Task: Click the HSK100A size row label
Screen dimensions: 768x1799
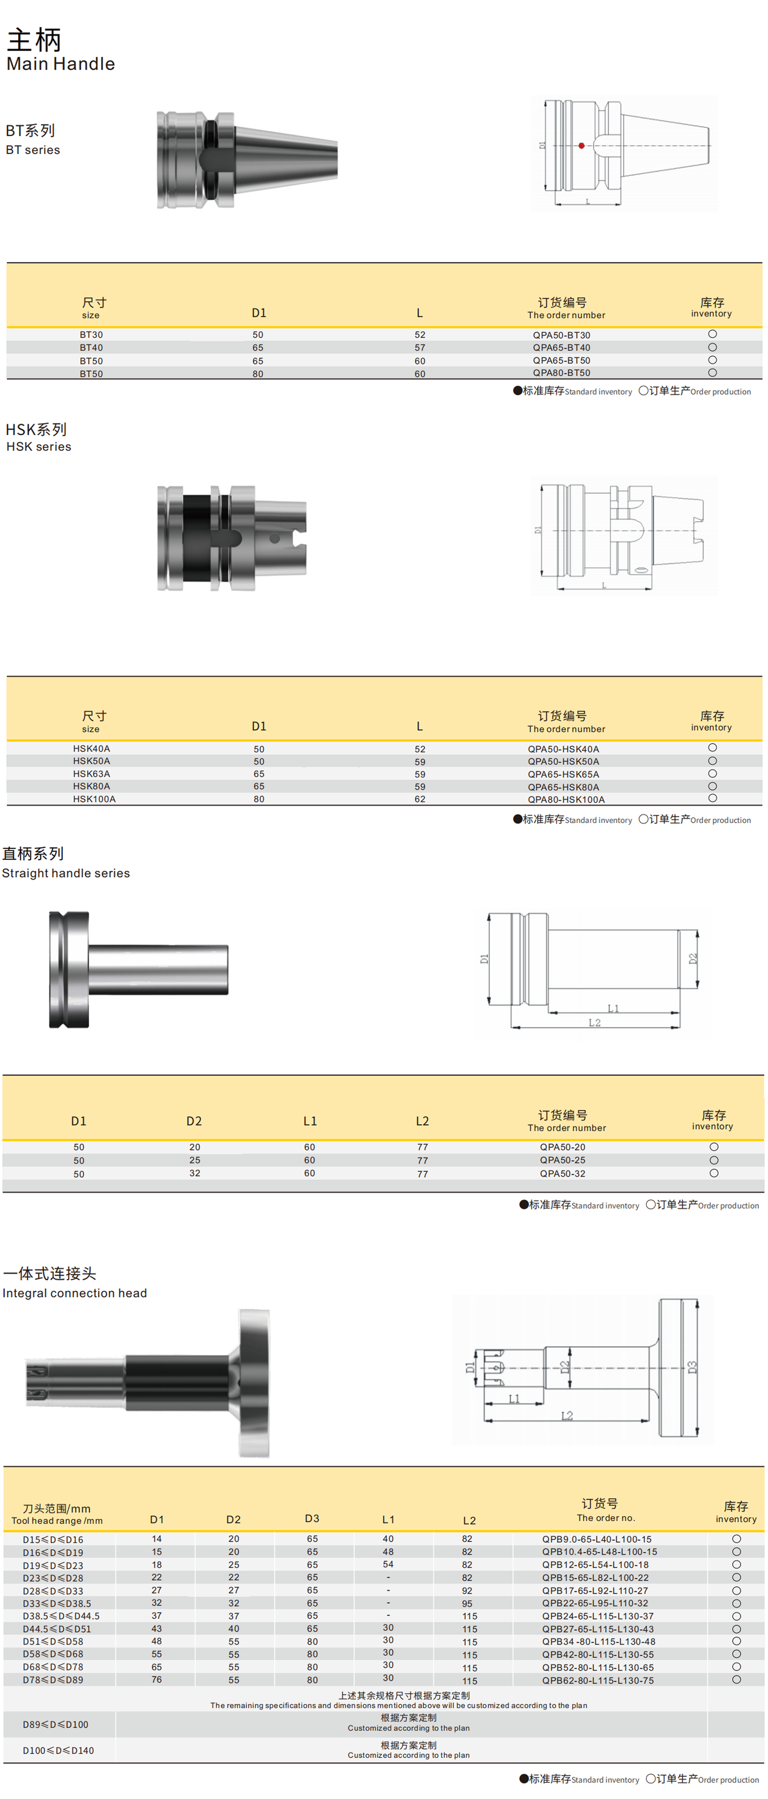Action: [94, 799]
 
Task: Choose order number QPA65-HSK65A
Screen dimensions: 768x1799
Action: [563, 774]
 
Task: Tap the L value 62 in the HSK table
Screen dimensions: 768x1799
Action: [420, 799]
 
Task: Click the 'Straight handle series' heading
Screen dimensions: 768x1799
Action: [66, 873]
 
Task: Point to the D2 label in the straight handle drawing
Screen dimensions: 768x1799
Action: [692, 958]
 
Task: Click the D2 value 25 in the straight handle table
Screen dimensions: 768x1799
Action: [195, 1160]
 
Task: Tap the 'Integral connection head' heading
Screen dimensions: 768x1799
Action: [75, 1293]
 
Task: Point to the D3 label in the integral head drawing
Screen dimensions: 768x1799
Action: [692, 1367]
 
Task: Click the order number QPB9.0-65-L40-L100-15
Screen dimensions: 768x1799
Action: [597, 1539]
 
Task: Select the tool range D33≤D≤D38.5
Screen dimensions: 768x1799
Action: [57, 1604]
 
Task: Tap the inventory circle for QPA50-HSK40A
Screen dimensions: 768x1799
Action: [712, 748]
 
